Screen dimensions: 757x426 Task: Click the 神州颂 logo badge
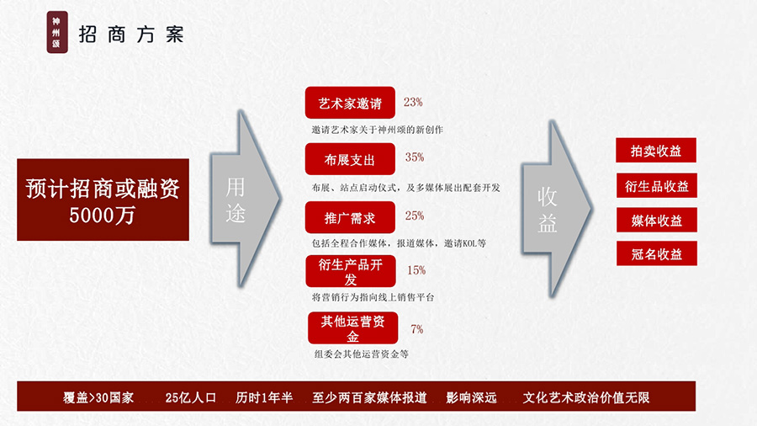click(x=57, y=32)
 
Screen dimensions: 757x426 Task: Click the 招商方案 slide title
click(x=131, y=35)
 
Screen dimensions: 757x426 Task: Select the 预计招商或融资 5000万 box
click(x=103, y=200)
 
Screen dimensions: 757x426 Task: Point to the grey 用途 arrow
click(x=245, y=199)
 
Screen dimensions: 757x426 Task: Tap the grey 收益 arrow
click(x=556, y=209)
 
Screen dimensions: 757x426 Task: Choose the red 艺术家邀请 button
click(x=350, y=103)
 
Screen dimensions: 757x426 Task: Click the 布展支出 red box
click(x=350, y=159)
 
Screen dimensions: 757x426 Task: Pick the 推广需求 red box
click(x=350, y=217)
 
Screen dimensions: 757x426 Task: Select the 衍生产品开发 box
click(x=351, y=271)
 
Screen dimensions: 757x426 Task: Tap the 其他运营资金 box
click(x=353, y=328)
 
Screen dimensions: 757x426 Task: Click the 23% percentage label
click(x=413, y=103)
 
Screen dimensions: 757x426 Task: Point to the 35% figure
click(x=415, y=157)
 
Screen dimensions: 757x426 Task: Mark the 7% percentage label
click(x=417, y=329)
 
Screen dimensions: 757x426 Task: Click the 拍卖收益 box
click(x=656, y=150)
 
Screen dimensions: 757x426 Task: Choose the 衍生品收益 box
click(x=657, y=185)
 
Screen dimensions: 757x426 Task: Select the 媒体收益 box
click(x=657, y=220)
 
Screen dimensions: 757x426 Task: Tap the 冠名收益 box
click(x=657, y=253)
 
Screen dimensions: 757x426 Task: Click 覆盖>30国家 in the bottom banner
click(x=98, y=397)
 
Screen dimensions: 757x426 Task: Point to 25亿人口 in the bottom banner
click(x=191, y=397)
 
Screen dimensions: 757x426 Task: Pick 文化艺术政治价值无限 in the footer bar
click(x=586, y=397)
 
